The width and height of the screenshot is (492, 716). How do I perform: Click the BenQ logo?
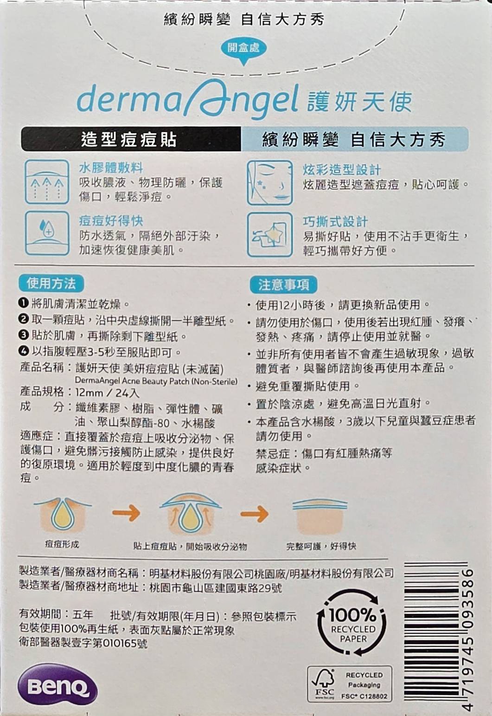(x=58, y=688)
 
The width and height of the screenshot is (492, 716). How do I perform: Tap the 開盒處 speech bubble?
(x=244, y=50)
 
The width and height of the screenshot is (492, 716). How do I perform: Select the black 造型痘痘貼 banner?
(x=131, y=139)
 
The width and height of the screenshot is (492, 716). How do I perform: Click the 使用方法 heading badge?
(x=51, y=283)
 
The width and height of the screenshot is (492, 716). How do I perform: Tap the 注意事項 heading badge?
(x=283, y=285)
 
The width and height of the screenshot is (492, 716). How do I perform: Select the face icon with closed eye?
(x=270, y=183)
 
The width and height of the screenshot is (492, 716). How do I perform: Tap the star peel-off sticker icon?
(x=270, y=235)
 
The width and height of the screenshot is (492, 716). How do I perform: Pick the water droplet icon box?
(x=47, y=233)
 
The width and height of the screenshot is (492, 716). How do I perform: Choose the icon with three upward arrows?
(x=47, y=181)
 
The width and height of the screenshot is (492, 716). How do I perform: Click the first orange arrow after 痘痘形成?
(x=126, y=513)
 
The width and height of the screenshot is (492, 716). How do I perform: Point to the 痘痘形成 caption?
(x=62, y=544)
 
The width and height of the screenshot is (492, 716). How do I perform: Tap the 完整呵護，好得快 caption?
(x=321, y=546)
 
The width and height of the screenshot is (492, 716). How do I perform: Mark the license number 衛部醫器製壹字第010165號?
(x=83, y=643)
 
